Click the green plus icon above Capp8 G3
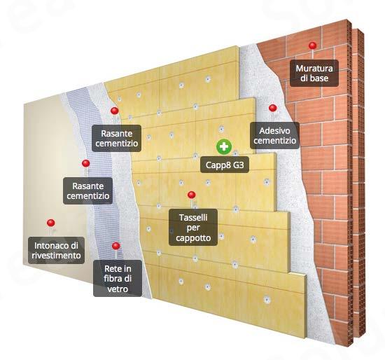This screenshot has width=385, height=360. click(224, 147)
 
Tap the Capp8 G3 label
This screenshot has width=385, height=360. click(225, 165)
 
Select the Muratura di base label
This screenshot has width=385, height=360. click(314, 73)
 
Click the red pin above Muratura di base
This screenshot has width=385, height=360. click(313, 46)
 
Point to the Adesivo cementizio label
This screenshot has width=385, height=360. click(275, 135)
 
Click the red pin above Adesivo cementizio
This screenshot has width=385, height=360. click(273, 108)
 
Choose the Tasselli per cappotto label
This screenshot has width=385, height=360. click(193, 228)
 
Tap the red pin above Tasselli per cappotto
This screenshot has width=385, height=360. click(192, 195)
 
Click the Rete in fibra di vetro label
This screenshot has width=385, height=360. click(118, 279)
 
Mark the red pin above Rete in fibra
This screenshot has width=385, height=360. click(116, 246)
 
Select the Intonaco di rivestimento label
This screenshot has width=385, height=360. click(56, 251)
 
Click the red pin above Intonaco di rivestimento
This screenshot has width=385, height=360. click(51, 223)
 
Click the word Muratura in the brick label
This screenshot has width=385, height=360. click(314, 69)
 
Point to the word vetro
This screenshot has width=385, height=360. click(118, 289)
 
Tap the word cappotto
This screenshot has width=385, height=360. click(193, 238)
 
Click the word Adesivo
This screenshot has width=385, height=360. click(275, 131)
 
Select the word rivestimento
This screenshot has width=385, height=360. click(56, 256)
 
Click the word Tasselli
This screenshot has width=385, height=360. click(193, 218)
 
